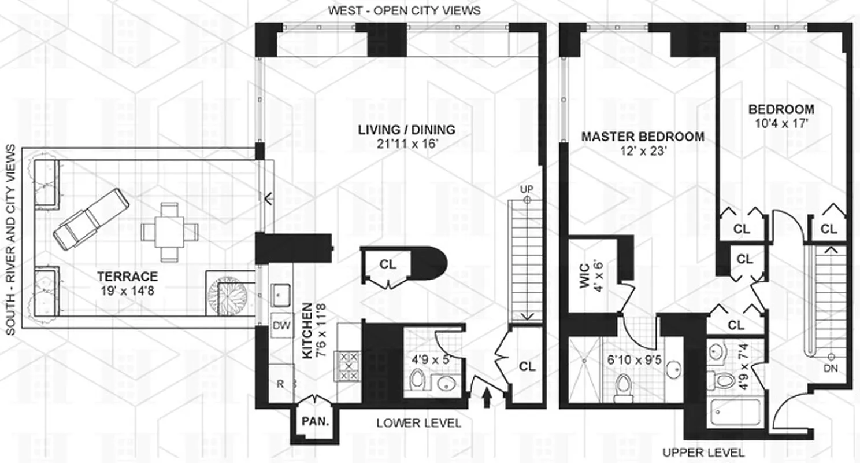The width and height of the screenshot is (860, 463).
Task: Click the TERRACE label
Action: (x=127, y=276)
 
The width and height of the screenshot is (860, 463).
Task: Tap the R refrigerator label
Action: (x=280, y=383)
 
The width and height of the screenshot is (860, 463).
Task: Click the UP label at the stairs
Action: (x=526, y=189)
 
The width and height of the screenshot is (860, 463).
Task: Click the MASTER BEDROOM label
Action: (x=643, y=137)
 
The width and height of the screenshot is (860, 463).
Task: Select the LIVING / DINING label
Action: (x=406, y=130)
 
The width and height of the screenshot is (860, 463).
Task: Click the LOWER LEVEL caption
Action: (x=419, y=424)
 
